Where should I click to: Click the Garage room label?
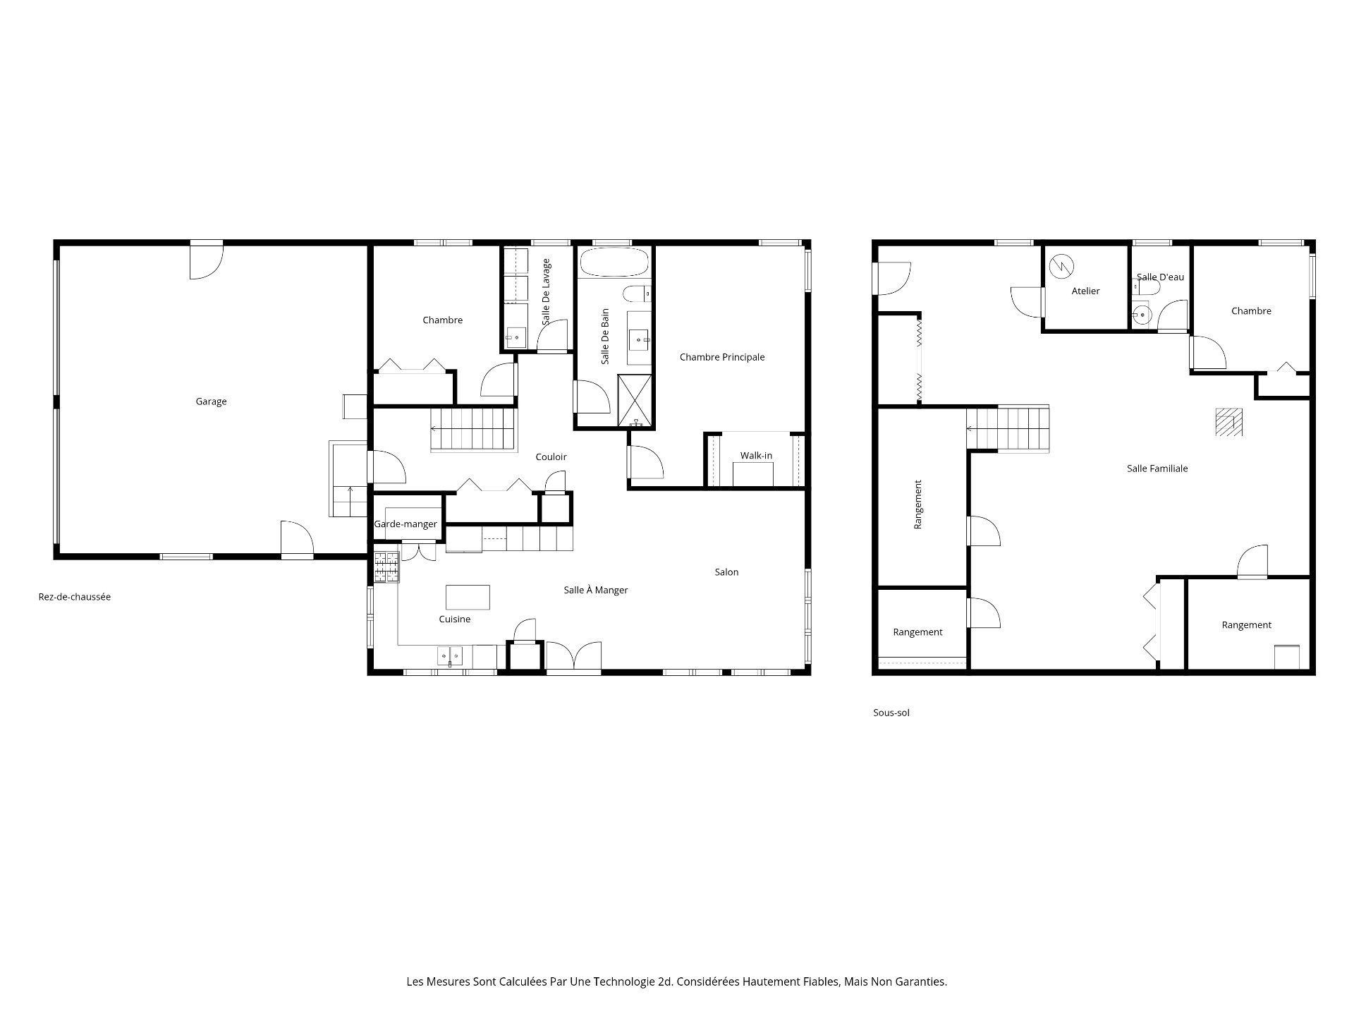point(211,401)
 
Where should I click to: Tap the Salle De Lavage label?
point(546,291)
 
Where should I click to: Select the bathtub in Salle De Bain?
point(614,262)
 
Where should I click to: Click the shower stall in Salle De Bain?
point(635,400)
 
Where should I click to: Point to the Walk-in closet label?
point(756,456)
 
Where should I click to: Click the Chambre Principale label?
point(722,357)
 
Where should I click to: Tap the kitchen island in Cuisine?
point(468,597)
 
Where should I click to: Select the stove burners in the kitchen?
point(386,567)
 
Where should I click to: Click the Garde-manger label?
point(405,524)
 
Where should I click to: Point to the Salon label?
point(726,572)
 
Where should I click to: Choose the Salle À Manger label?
point(596,590)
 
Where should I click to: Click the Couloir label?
point(551,457)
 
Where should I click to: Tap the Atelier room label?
point(1085,291)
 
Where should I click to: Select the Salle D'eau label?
point(1160,277)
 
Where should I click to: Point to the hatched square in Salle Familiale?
point(1228,422)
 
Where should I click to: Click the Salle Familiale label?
point(1157,468)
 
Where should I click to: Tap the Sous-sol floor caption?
point(891,713)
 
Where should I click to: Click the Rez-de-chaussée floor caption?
point(75,597)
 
